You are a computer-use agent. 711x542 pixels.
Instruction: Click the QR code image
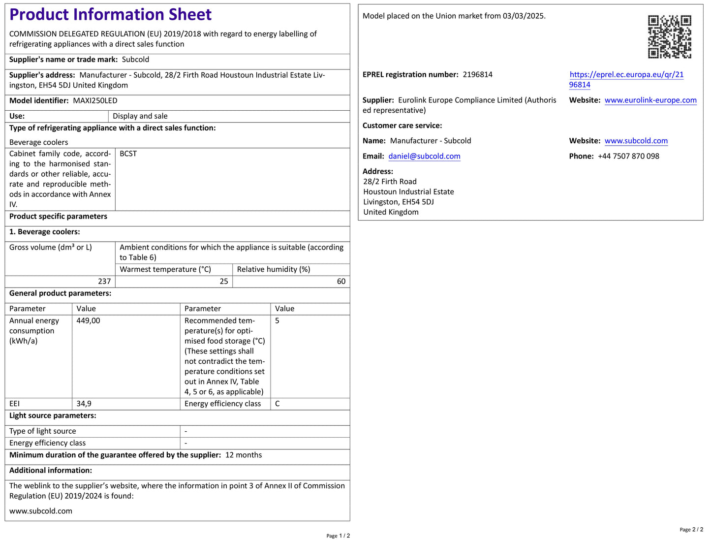click(669, 37)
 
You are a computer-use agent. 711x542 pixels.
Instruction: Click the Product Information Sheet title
click(110, 15)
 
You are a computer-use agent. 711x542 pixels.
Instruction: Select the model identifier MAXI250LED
click(95, 101)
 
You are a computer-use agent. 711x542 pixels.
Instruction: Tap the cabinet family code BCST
click(128, 154)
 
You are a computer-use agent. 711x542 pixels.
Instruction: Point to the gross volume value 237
click(104, 282)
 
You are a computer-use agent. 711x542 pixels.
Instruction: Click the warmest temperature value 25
click(224, 282)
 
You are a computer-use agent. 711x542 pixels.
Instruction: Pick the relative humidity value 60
click(341, 282)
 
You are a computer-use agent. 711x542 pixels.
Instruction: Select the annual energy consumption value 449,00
click(89, 321)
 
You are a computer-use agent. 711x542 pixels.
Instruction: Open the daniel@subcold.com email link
click(424, 157)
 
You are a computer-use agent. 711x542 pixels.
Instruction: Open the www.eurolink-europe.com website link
click(650, 100)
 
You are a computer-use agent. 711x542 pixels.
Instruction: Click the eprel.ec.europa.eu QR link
click(626, 75)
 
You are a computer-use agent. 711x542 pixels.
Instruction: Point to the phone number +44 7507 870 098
click(628, 157)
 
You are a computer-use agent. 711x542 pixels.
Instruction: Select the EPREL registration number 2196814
click(477, 75)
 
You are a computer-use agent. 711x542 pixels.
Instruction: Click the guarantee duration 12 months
click(244, 455)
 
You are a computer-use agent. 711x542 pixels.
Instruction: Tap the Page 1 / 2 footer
click(338, 536)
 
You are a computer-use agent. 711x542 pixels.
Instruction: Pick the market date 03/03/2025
click(523, 16)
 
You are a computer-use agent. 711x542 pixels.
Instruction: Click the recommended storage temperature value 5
click(277, 321)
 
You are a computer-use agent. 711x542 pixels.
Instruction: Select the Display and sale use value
click(140, 117)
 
